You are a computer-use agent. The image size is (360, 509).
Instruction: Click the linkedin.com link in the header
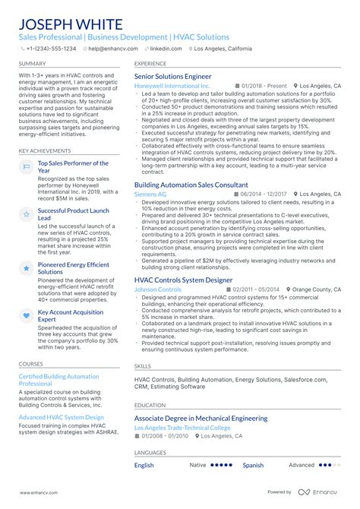coord(166,48)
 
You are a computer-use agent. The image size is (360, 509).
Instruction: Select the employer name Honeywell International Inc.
coord(172,87)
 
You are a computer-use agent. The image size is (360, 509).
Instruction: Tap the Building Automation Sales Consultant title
coord(191,185)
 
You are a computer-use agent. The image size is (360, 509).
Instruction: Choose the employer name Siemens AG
coord(151,194)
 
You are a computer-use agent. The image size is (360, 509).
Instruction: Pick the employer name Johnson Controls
coord(157,289)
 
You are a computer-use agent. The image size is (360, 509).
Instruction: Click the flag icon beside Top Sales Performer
coord(26,166)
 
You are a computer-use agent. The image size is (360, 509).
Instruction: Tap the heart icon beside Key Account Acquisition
coord(26,315)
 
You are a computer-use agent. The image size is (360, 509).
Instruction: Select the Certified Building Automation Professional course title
coord(58,380)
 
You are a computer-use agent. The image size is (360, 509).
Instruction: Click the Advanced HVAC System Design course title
coord(61,417)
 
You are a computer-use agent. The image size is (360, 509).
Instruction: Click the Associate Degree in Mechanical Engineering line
coord(201,418)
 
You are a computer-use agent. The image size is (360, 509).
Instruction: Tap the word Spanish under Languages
coord(253,465)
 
